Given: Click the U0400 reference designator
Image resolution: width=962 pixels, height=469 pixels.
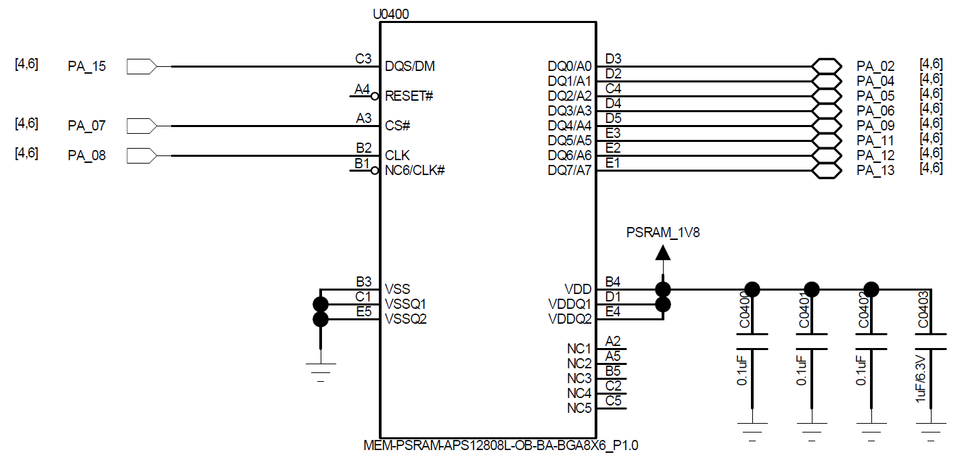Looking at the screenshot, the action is point(391,14).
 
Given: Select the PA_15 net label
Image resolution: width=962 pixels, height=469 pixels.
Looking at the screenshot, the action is point(87,66).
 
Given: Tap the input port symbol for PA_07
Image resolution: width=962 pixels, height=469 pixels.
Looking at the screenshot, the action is point(142,126).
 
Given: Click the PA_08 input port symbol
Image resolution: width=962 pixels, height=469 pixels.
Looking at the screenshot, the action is point(142,155).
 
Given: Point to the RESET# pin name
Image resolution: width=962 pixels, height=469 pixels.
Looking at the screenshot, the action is point(409,96).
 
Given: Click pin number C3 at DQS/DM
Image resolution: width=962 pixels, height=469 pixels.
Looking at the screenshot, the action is point(363,58).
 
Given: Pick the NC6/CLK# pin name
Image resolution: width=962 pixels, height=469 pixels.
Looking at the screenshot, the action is point(415,170).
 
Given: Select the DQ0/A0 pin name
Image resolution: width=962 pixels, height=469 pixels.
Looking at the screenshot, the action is point(570,66).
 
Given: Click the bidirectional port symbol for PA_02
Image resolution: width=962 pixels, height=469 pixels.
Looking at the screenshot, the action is point(826,66).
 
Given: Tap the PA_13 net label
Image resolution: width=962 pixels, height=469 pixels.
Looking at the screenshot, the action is point(875,170).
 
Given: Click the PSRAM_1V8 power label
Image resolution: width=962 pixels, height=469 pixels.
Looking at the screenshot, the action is point(663,232).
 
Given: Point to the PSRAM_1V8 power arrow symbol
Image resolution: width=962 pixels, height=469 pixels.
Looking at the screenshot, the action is point(663,253).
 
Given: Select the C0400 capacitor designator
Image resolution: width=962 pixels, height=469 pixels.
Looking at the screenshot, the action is point(744,310).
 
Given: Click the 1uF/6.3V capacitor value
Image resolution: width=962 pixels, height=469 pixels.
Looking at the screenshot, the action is point(920,378).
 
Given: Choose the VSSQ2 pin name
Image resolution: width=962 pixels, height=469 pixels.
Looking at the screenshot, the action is point(406,319).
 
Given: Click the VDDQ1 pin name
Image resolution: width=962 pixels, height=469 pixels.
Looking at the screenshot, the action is point(570,304).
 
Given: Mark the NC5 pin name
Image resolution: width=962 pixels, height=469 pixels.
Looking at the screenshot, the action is point(579,408).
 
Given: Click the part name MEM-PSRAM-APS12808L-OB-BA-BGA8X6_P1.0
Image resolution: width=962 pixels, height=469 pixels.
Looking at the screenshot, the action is point(501,445).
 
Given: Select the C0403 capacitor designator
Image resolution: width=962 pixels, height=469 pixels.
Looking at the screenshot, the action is point(923,310).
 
